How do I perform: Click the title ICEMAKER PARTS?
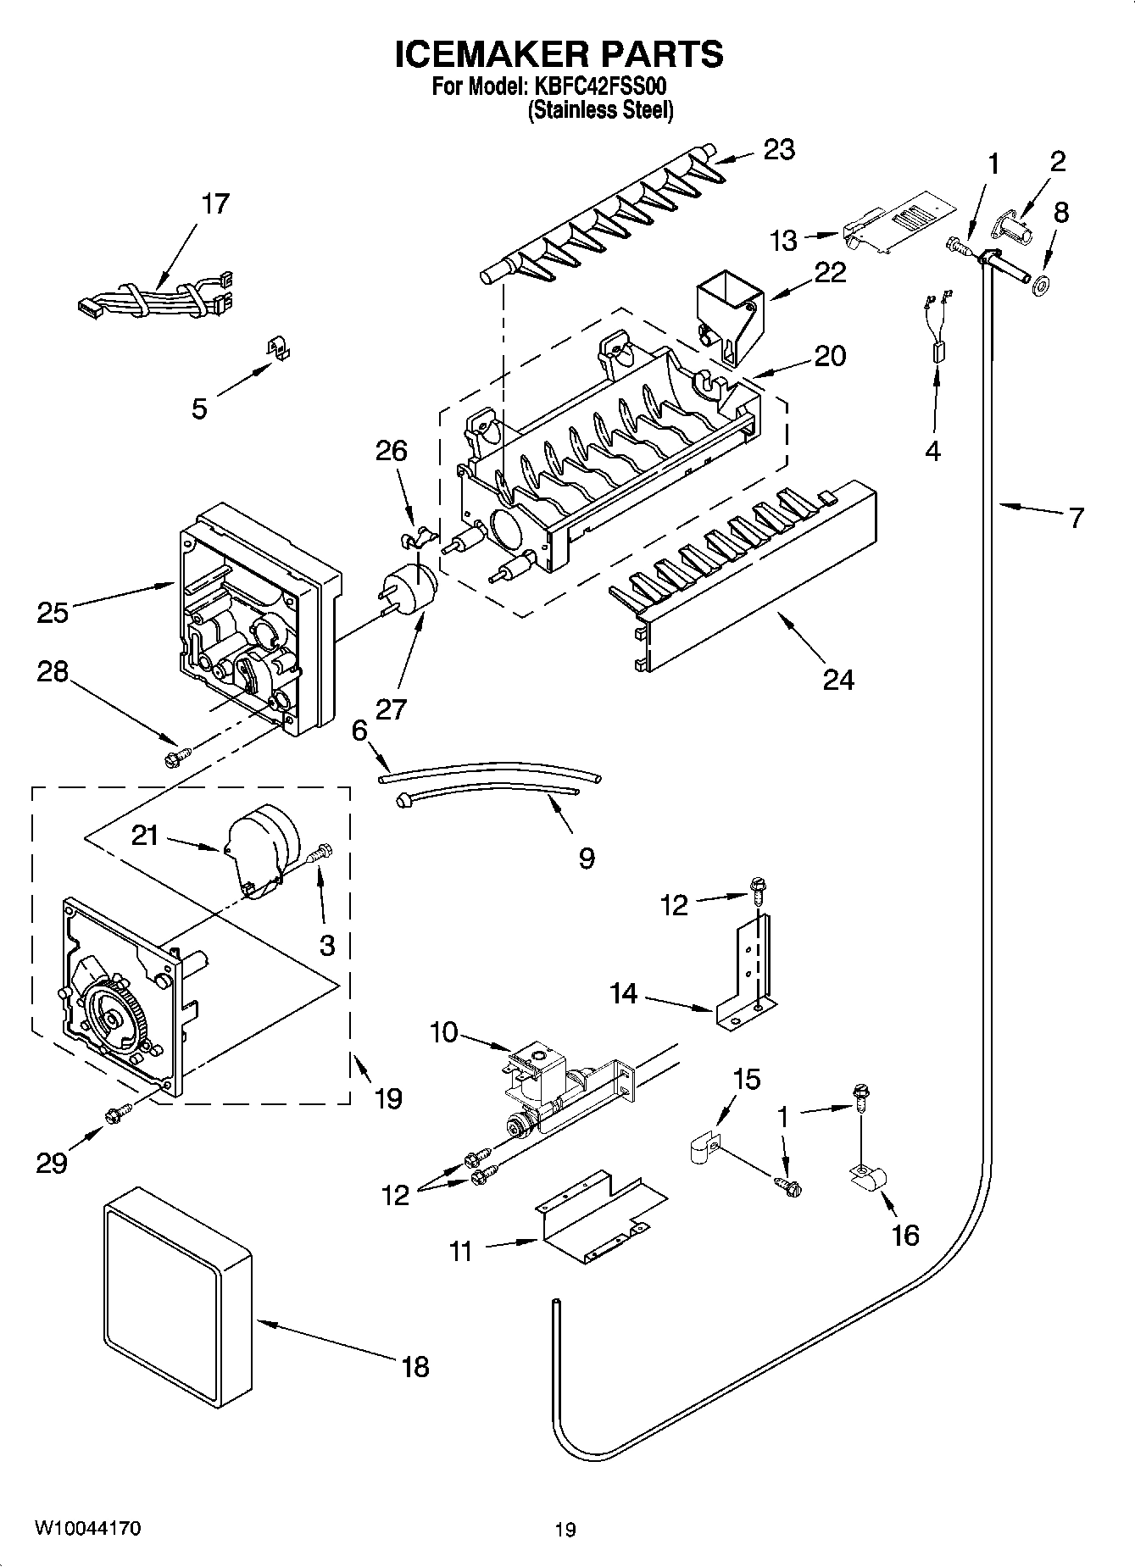[x=559, y=54]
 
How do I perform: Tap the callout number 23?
[x=779, y=150]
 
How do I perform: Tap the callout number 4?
[x=932, y=451]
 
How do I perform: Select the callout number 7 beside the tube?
[x=1076, y=518]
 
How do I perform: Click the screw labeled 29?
[x=117, y=1115]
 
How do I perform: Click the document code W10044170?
[x=88, y=1528]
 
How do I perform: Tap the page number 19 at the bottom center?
[x=565, y=1530]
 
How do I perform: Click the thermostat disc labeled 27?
[x=413, y=585]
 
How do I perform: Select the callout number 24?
[x=838, y=679]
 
